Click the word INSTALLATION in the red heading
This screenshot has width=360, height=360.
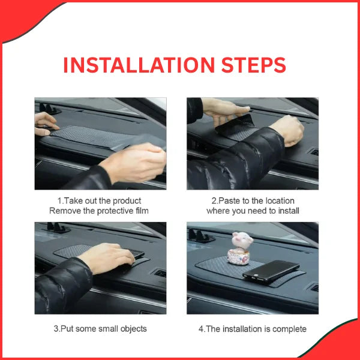pyautogui.click(x=139, y=65)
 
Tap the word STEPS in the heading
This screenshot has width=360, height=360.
pyautogui.click(x=254, y=65)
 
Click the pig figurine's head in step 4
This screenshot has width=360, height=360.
pyautogui.click(x=242, y=240)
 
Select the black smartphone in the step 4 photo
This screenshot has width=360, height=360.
pyautogui.click(x=271, y=272)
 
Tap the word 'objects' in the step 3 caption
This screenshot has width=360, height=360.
pyautogui.click(x=133, y=329)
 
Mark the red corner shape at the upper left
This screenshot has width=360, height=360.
pyautogui.click(x=23, y=16)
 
